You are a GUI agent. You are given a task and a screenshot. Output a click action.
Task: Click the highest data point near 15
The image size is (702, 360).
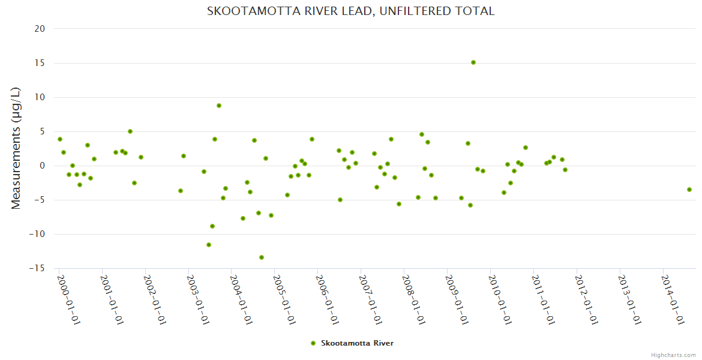(473, 62)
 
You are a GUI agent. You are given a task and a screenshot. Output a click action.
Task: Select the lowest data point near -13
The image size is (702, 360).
(262, 257)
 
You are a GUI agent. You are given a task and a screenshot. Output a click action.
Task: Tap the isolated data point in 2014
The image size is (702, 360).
(689, 190)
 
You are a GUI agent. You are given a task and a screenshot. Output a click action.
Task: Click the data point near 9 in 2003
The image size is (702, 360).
(219, 106)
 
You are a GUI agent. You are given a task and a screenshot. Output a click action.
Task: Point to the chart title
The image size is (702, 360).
(350, 11)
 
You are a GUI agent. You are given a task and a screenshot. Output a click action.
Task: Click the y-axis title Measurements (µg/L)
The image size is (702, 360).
(16, 148)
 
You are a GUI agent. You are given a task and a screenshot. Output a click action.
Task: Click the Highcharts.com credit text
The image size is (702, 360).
(673, 355)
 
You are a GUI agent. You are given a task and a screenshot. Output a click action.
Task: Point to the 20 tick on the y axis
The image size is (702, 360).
(40, 29)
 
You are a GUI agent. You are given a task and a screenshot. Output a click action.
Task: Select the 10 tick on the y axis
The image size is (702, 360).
(40, 97)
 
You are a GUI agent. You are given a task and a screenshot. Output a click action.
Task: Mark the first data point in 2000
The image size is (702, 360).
(60, 139)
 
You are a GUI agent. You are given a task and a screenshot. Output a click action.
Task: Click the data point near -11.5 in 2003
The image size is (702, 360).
(209, 245)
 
